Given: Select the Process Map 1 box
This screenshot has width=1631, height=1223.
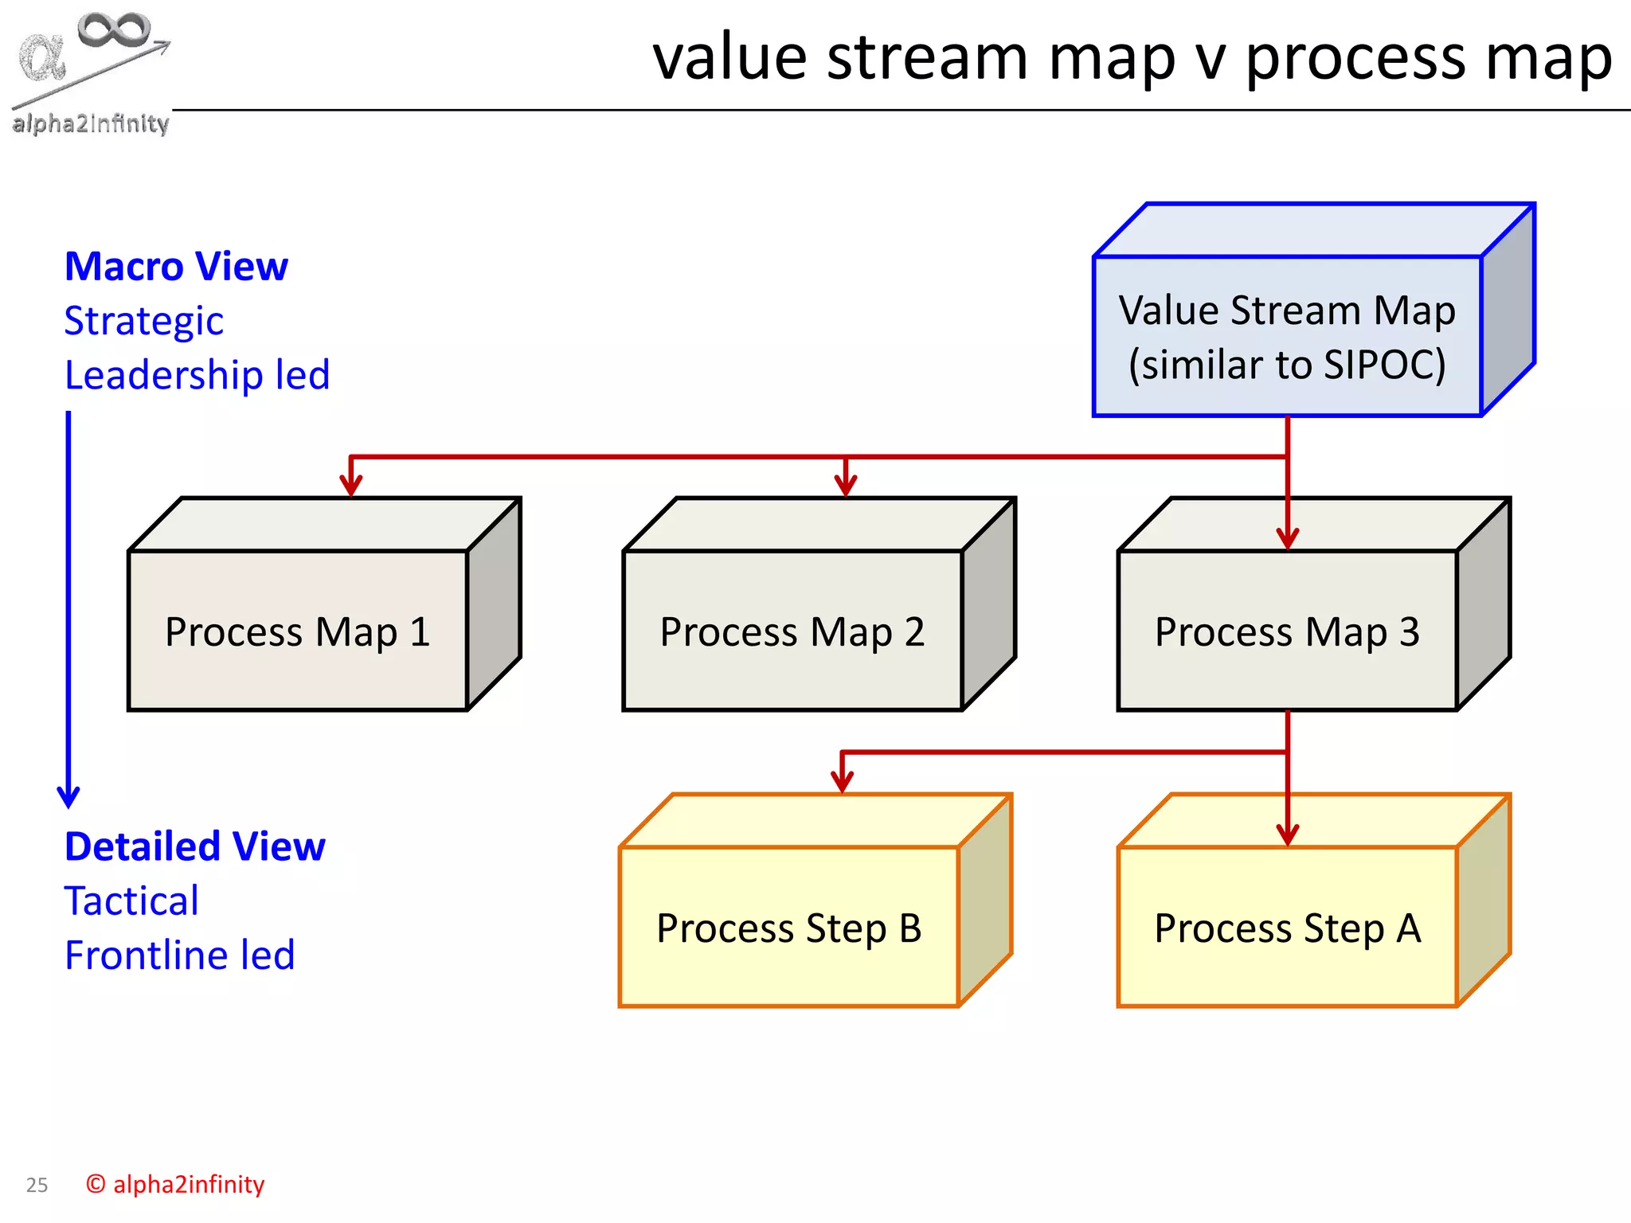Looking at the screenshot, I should click(297, 631).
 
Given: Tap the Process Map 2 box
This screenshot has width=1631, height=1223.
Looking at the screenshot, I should click(792, 631).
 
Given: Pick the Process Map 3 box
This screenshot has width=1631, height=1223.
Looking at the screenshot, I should click(1287, 631).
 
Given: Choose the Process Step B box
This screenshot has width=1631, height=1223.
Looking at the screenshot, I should click(788, 928).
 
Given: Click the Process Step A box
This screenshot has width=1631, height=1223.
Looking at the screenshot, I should click(1287, 928).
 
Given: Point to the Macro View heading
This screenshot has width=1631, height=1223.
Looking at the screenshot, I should click(176, 266).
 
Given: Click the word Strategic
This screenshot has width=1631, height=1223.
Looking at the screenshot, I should click(143, 321).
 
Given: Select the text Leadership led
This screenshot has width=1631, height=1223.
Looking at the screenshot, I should click(197, 375).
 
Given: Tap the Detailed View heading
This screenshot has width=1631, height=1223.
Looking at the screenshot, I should click(194, 846).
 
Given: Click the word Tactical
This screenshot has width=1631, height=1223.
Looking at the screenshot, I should click(131, 901).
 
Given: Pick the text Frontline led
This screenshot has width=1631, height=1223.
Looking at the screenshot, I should click(179, 955).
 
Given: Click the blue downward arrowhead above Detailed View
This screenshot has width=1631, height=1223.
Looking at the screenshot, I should click(68, 796).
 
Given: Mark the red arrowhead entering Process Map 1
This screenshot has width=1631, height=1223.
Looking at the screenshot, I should click(351, 485).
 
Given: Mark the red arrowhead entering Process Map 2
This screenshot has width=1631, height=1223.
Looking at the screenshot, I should click(846, 485).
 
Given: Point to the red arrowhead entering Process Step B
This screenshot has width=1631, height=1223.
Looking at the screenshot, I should click(842, 781).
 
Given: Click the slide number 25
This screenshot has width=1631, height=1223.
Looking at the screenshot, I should click(37, 1185).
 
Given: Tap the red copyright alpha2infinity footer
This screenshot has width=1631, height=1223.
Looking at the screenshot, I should click(175, 1184).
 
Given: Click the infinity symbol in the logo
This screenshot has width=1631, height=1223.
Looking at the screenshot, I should click(114, 29).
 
